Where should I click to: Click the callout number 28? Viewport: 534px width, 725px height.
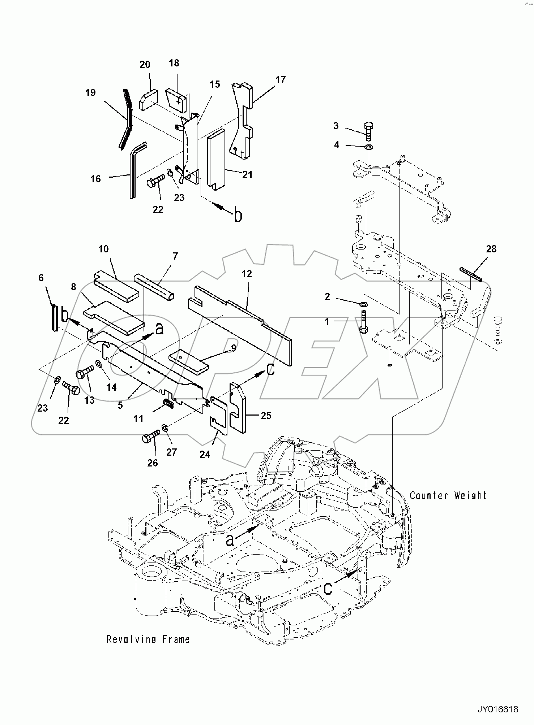tap(491, 249)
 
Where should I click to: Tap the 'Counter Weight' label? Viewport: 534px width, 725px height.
tap(448, 495)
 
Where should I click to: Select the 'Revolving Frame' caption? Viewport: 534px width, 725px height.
tap(148, 639)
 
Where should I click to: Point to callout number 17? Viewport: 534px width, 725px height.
tap(280, 80)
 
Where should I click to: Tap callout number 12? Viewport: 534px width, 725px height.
tap(247, 274)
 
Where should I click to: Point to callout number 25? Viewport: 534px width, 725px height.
tap(266, 416)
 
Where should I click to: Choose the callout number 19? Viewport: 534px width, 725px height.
tap(90, 93)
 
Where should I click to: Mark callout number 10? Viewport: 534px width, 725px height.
tap(103, 249)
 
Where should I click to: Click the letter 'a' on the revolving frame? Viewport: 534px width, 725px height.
tap(230, 540)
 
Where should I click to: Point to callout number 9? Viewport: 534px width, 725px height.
tap(234, 348)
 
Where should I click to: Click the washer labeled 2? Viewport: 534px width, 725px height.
tap(364, 302)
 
